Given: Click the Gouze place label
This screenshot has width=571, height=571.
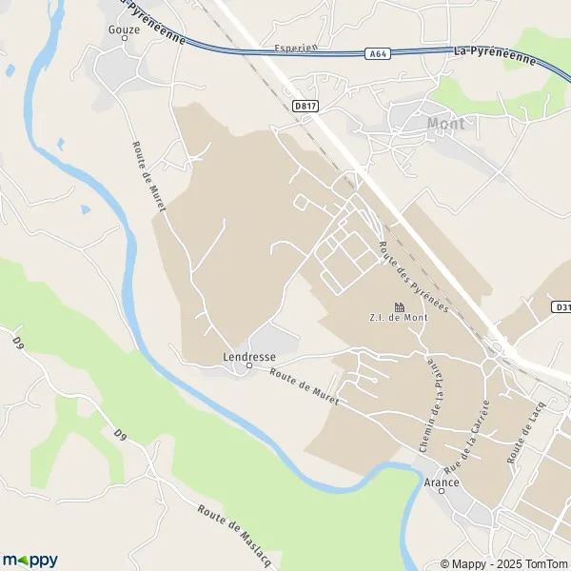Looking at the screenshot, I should pos(125,30).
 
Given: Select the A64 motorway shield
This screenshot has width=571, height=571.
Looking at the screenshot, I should pos(376,55).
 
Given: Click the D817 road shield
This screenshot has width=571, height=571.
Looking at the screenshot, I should pos(305,106).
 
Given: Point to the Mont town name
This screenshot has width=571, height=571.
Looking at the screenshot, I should pos(446,123).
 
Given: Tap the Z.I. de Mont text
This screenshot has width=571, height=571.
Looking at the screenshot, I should pos(399,318).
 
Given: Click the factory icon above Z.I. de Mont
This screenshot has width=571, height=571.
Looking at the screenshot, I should pos(399,306).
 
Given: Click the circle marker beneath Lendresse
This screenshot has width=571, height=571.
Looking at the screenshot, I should pos(249,365).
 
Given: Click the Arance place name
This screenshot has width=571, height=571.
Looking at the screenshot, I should pos(441,482).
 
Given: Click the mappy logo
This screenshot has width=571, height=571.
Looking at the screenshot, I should pos(30,560).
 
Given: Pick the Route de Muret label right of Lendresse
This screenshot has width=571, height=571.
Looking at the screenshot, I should pos(304,386).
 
